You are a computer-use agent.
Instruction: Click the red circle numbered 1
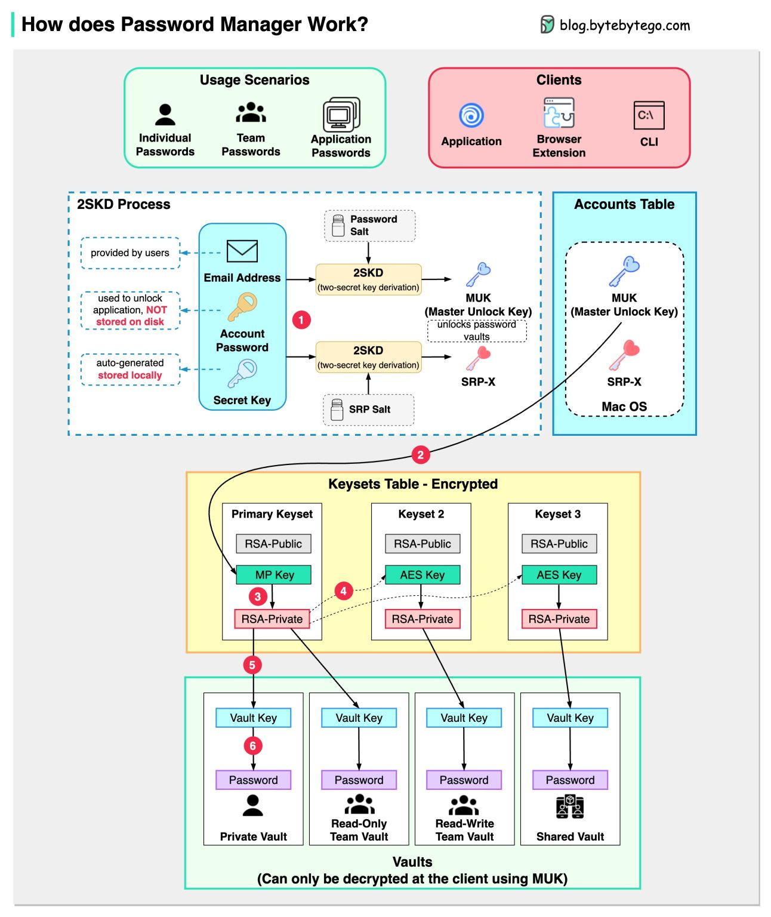click(x=301, y=320)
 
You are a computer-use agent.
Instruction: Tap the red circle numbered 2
click(x=420, y=455)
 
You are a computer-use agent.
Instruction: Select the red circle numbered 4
click(x=343, y=591)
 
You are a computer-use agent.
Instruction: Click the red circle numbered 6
click(x=252, y=746)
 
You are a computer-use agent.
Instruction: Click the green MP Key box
click(x=274, y=575)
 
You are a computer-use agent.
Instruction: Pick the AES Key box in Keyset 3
click(x=559, y=575)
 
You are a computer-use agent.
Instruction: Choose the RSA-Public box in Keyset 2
click(x=422, y=544)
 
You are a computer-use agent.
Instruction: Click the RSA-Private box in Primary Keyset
click(x=272, y=619)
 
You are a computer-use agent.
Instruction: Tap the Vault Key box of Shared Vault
click(x=570, y=718)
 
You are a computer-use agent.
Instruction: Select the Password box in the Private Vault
click(x=253, y=780)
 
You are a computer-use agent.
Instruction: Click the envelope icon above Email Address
click(x=242, y=251)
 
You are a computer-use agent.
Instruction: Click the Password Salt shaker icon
click(x=338, y=226)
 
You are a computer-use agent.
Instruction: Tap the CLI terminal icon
click(x=649, y=115)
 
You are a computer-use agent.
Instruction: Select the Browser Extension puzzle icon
click(x=559, y=113)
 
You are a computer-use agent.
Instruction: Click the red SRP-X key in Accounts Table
click(x=624, y=355)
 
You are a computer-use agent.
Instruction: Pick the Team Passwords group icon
click(x=251, y=112)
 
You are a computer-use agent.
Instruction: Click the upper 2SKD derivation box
click(x=368, y=279)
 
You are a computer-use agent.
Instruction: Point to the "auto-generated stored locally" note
click(x=130, y=369)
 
